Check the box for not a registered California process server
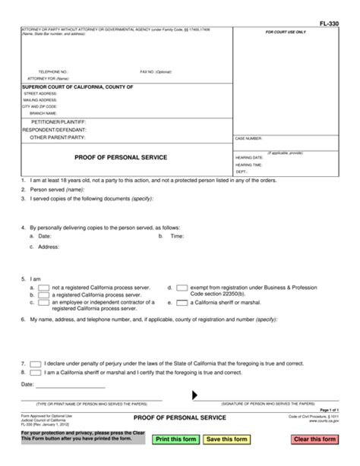pyautogui.click(x=44, y=288)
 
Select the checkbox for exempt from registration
pyautogui.click(x=182, y=288)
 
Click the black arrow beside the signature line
pyautogui.click(x=196, y=395)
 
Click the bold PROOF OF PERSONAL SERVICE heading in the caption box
pyautogui.click(x=121, y=157)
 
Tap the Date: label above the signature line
pyautogui.click(x=28, y=384)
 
